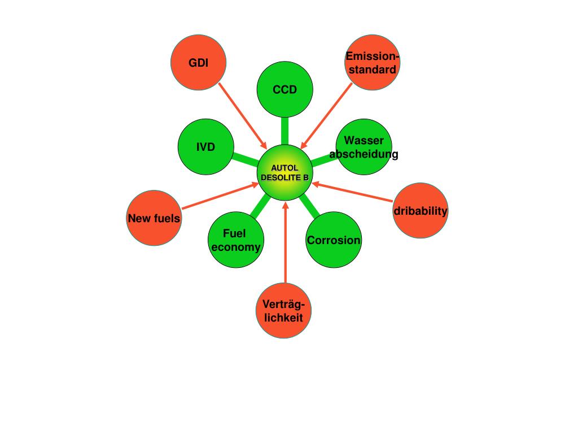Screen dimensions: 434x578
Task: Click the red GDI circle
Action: (x=199, y=63)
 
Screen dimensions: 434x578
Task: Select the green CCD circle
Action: (x=284, y=89)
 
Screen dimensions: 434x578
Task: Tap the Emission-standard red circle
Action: (x=371, y=63)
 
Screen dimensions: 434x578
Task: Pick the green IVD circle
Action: (x=206, y=147)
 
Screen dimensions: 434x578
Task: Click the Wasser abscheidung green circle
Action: (x=364, y=147)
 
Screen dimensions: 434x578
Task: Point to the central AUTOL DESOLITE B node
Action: (x=284, y=172)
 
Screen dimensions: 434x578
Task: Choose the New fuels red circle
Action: (x=154, y=218)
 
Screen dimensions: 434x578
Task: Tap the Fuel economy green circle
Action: (x=235, y=240)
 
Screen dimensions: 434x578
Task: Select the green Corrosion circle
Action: (x=334, y=240)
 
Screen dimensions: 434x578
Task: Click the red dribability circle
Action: (x=421, y=211)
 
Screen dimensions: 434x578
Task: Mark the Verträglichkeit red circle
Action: (x=283, y=311)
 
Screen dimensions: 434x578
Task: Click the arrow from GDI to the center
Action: (x=243, y=116)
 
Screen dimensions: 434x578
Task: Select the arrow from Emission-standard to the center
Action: (x=327, y=116)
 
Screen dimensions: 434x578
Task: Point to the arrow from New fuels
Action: (x=220, y=196)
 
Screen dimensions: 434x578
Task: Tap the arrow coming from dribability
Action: (x=353, y=192)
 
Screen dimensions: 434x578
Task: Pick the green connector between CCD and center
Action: (x=285, y=130)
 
